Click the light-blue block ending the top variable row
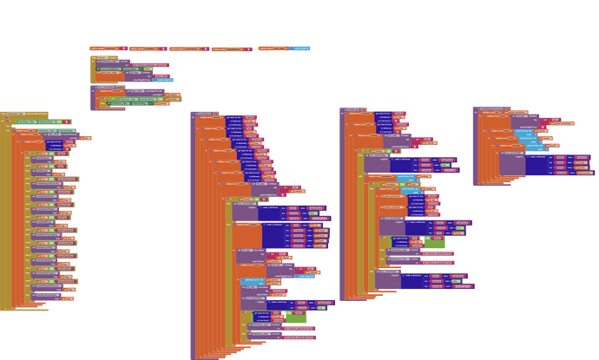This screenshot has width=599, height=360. tap(300, 49)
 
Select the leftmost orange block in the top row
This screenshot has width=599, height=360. tap(105, 49)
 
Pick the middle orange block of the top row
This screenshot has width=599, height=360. tap(186, 49)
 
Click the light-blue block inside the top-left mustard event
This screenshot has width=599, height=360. tap(164, 79)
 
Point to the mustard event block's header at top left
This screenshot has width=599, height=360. tap(104, 58)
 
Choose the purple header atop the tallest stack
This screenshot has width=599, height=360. tap(205, 113)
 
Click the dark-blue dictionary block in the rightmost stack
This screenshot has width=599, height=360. tap(539, 165)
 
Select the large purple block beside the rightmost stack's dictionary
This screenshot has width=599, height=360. tap(511, 165)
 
